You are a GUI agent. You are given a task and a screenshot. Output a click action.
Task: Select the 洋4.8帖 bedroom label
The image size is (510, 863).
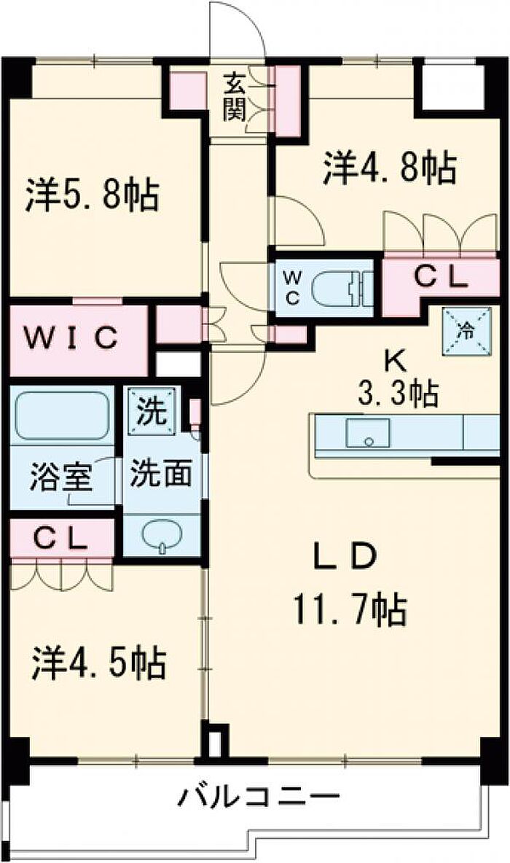pyautogui.click(x=390, y=168)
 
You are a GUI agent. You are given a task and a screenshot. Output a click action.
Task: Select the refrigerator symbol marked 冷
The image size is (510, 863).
pyautogui.click(x=467, y=332)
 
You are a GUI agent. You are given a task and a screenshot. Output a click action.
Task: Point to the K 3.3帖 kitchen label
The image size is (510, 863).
pyautogui.click(x=397, y=378)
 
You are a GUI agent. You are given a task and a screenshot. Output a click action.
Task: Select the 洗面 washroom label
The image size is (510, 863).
pyautogui.click(x=160, y=473)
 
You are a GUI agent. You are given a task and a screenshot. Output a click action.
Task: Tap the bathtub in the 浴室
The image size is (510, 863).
pyautogui.click(x=61, y=415)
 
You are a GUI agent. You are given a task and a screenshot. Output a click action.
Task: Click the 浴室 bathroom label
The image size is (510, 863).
pyautogui.click(x=60, y=477)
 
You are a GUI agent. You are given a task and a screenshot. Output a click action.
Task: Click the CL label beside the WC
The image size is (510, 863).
pyautogui.click(x=441, y=278)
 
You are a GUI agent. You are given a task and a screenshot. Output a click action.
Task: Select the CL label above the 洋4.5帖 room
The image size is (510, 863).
pyautogui.click(x=60, y=539)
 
